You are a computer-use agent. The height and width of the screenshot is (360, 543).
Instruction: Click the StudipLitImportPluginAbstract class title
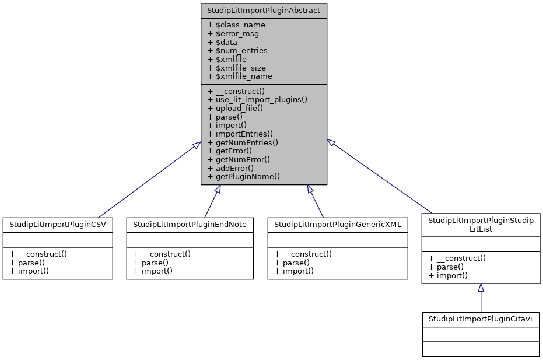click(264, 10)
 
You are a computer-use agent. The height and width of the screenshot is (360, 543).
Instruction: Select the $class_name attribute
click(236, 25)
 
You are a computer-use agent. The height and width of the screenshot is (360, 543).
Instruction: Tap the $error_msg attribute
click(233, 34)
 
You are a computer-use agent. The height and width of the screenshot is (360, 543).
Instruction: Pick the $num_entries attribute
click(237, 51)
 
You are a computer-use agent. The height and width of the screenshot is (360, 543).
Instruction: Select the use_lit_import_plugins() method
click(257, 99)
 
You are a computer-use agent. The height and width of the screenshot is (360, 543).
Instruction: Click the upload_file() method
click(235, 108)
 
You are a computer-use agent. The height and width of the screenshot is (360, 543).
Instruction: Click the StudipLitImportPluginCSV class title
click(58, 224)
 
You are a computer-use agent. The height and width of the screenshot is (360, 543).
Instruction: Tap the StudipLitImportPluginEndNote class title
click(190, 224)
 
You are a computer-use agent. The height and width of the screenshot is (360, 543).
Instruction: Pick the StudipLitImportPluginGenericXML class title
click(338, 224)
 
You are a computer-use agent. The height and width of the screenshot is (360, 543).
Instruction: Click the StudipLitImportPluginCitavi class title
click(481, 319)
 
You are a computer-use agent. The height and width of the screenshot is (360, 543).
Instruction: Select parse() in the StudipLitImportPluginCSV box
click(27, 262)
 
